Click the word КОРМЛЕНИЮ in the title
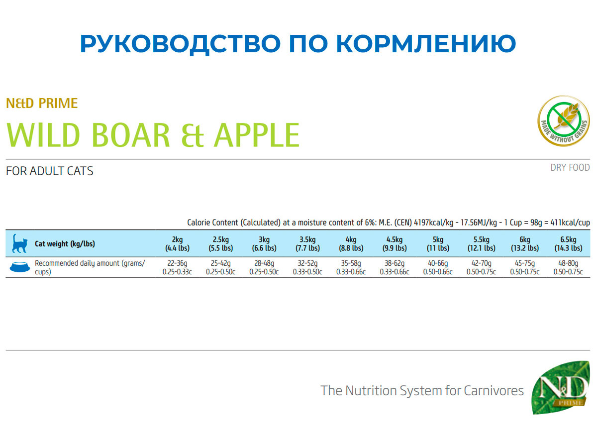click(426, 43)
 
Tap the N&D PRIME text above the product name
click(42, 104)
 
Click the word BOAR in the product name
click(131, 135)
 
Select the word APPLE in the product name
click(257, 135)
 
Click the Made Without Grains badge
click(564, 120)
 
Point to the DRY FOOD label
click(570, 168)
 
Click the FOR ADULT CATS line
click(49, 171)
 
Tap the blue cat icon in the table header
click(19, 243)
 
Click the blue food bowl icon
click(20, 267)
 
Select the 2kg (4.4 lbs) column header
click(177, 244)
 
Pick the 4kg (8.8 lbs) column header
click(351, 244)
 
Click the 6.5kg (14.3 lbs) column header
click(569, 244)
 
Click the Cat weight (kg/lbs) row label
click(65, 244)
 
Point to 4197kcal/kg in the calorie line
click(434, 223)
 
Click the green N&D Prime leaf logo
click(561, 388)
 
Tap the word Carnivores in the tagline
click(494, 391)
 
